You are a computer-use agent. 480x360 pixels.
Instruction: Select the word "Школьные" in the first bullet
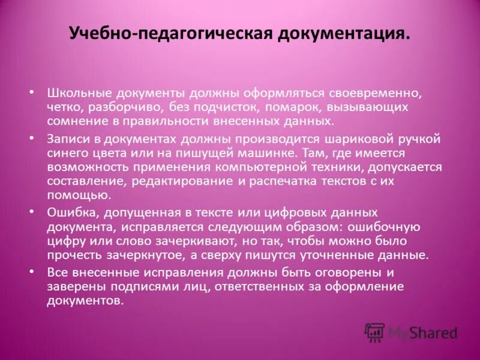coord(77,94)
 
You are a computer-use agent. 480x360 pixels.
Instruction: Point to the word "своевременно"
coord(371,94)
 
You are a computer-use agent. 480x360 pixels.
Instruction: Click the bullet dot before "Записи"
coord(31,139)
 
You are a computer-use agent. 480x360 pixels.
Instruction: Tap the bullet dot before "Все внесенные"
coord(31,272)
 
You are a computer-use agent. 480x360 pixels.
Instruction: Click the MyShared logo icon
coord(374,332)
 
